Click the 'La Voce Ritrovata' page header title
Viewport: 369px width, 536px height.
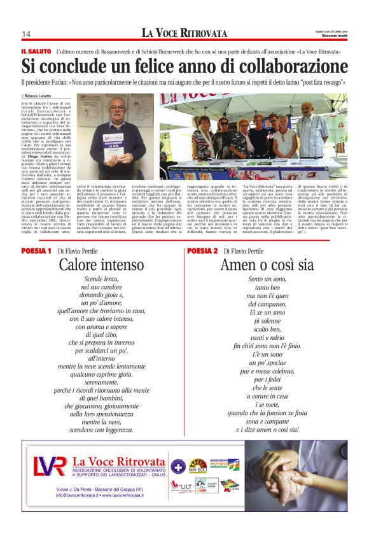click(x=184, y=32)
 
